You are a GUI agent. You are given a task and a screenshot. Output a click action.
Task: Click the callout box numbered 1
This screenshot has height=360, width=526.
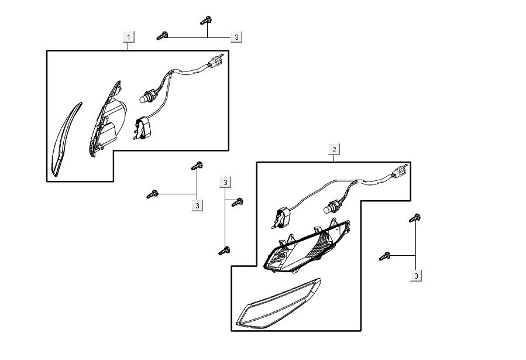(x=129, y=37)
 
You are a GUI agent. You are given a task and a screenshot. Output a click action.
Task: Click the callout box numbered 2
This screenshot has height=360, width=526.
(x=334, y=149)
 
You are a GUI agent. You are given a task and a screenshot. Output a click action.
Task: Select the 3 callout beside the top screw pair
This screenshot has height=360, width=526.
(x=236, y=37)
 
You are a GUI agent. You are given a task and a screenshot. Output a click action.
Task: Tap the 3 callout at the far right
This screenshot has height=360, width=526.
(x=416, y=275)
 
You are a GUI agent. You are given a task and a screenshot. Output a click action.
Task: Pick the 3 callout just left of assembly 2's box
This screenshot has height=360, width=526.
(x=226, y=181)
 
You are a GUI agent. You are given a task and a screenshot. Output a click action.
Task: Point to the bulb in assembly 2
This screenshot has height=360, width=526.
(x=328, y=207)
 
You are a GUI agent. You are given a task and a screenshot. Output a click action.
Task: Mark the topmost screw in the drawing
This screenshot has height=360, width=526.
(x=206, y=21)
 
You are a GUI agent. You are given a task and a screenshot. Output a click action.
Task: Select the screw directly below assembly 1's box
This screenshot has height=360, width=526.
(x=197, y=166)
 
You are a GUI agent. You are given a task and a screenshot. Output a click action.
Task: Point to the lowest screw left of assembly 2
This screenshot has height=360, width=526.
(x=224, y=251)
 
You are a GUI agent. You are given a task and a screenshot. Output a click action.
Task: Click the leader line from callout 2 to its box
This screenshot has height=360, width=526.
(x=334, y=158)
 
